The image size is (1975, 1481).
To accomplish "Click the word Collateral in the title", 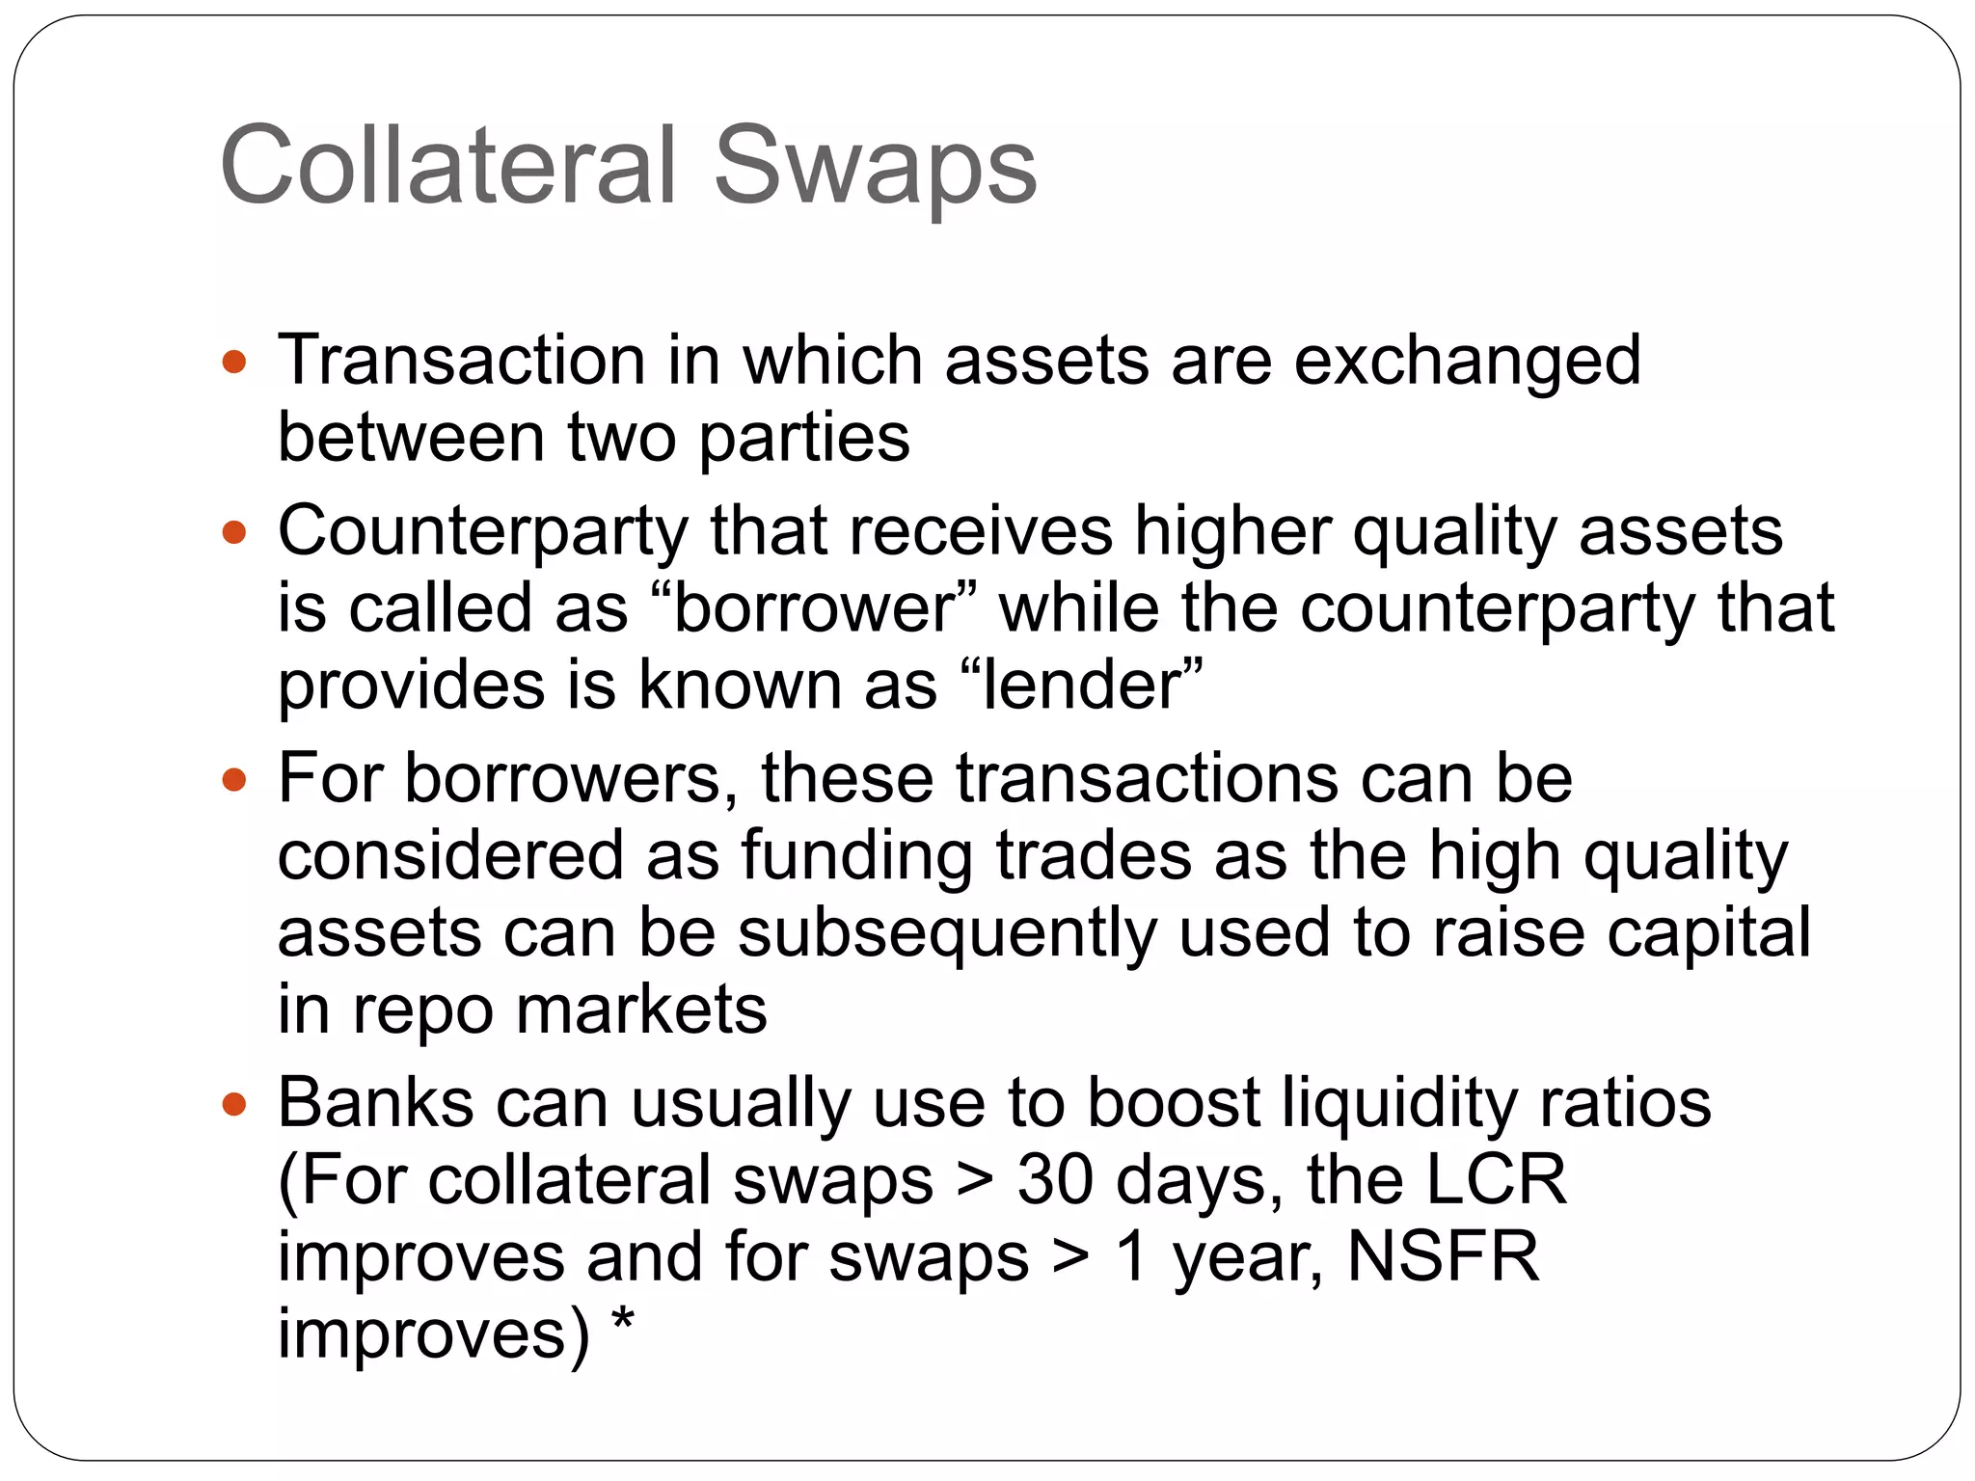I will [448, 166].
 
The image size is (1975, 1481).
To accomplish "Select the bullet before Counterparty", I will [234, 532].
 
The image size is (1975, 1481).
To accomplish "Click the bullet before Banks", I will [234, 1103].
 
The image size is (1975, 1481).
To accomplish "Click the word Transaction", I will [461, 361].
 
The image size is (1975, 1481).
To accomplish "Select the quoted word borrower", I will [814, 609].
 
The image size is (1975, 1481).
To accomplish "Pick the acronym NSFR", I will [1443, 1257].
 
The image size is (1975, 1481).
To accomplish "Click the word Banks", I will [375, 1103].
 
